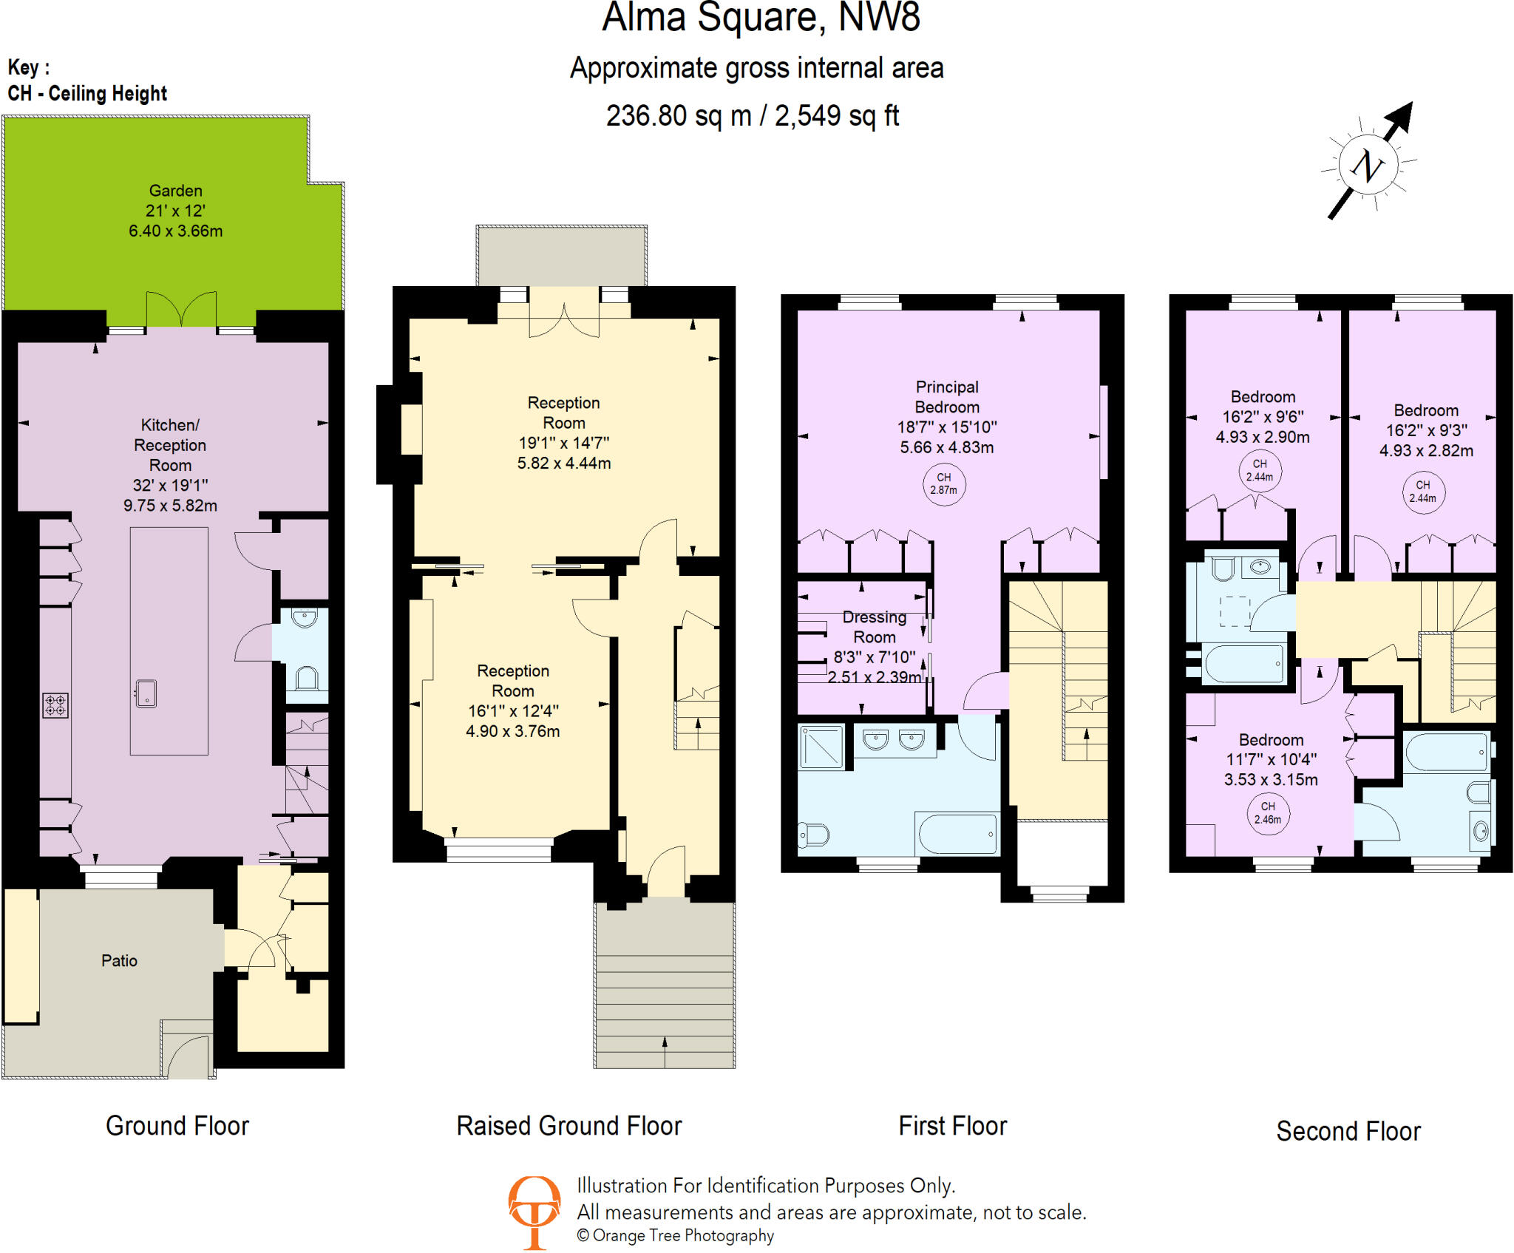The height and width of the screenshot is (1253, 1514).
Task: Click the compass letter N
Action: click(1368, 166)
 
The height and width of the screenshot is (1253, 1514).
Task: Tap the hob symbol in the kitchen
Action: click(55, 704)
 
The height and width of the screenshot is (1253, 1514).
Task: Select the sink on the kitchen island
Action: click(146, 693)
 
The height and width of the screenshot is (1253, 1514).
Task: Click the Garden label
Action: click(175, 191)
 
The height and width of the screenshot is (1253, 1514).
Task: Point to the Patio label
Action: click(119, 960)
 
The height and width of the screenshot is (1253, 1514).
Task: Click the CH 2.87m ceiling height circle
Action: click(944, 484)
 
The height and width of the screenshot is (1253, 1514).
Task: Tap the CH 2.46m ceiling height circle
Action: click(1268, 813)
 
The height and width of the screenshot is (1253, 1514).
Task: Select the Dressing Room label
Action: click(875, 627)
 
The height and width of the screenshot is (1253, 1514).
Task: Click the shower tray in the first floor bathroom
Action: click(821, 747)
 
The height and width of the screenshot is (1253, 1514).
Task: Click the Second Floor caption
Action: click(1348, 1131)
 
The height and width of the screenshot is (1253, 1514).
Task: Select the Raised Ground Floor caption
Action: click(568, 1126)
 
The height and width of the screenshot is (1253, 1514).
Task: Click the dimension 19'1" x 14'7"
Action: click(563, 443)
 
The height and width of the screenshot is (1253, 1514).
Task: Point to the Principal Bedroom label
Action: click(947, 397)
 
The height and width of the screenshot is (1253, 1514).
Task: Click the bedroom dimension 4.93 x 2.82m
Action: click(1426, 450)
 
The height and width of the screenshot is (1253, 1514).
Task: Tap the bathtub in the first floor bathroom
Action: click(957, 834)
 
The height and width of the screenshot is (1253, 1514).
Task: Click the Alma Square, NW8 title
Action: click(761, 18)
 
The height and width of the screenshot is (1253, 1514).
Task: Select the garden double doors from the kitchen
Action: click(181, 310)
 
